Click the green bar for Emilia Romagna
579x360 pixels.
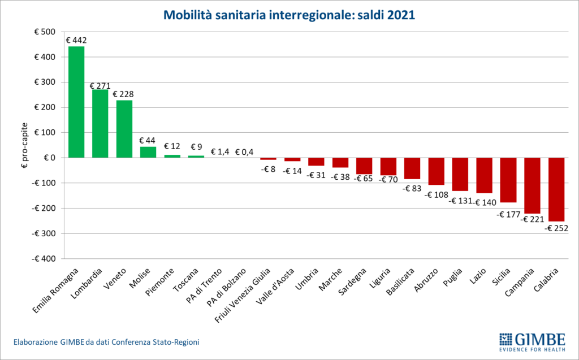coord(76,102)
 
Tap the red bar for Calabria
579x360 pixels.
coord(556,189)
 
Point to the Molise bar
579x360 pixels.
coord(148,152)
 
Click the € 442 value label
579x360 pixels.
coord(76,40)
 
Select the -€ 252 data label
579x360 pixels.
coord(556,228)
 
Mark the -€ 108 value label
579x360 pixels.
coord(436,194)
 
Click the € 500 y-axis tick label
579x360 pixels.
coord(44,32)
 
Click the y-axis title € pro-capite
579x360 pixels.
coord(23,145)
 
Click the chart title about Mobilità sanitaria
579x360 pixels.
coord(289,15)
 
